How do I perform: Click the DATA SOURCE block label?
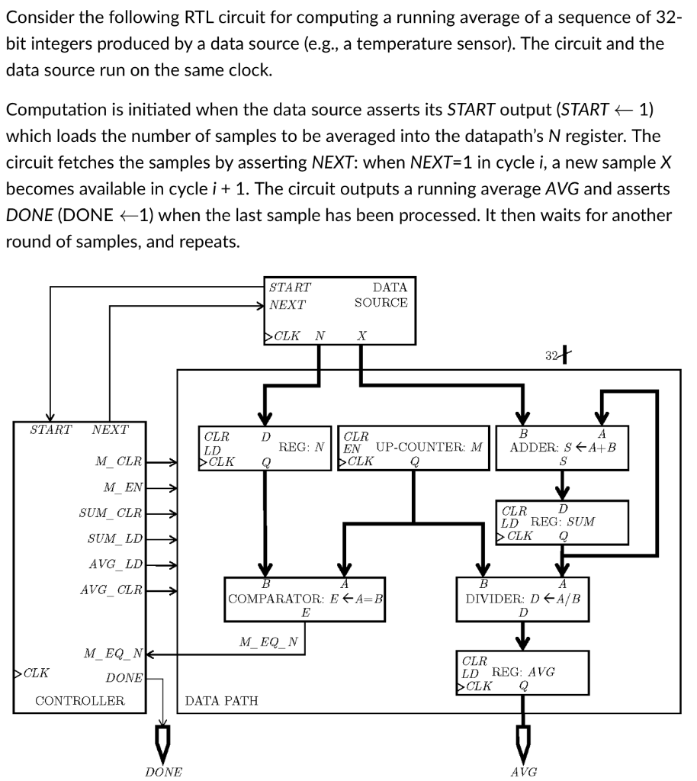click(381, 295)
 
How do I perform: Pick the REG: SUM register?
click(562, 522)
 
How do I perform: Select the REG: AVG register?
click(522, 672)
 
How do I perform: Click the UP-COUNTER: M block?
click(413, 447)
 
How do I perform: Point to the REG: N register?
click(265, 447)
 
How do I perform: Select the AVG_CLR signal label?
click(111, 590)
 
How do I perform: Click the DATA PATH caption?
click(221, 700)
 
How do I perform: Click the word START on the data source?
click(291, 288)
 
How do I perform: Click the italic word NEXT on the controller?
click(110, 429)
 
